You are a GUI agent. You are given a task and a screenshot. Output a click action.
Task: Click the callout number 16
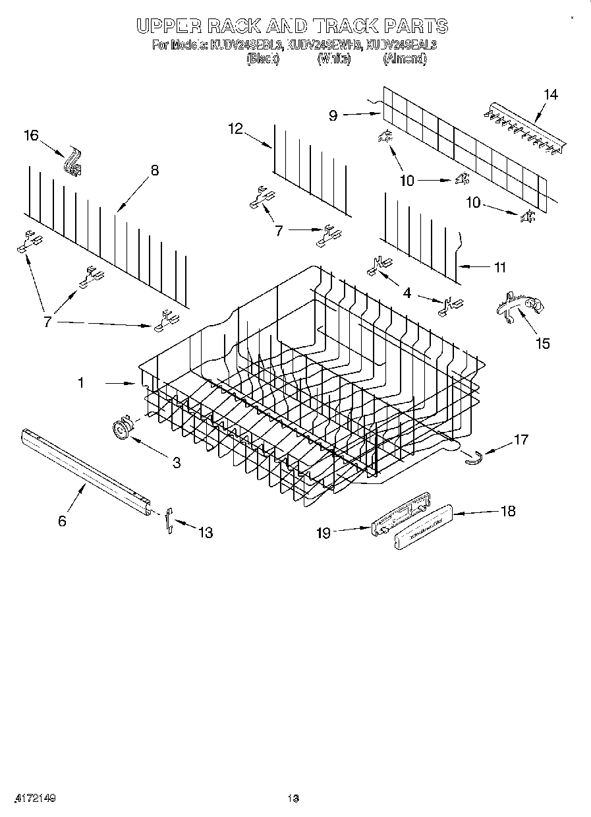32,135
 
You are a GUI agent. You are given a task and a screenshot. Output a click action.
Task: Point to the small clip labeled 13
169,520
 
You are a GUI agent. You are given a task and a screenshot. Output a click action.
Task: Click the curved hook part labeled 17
472,457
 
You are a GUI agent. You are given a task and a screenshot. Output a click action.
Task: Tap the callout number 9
333,115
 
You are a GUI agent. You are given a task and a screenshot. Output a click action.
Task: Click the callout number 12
236,129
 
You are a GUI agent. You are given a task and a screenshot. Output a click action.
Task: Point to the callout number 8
154,170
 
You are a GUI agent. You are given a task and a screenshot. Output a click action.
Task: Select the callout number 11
499,267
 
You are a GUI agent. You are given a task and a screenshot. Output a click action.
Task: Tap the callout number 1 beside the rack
81,382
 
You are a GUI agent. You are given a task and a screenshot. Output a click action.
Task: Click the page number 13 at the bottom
294,799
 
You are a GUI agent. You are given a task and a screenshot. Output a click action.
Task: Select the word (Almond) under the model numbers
405,59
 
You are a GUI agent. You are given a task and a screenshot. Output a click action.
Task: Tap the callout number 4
407,293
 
